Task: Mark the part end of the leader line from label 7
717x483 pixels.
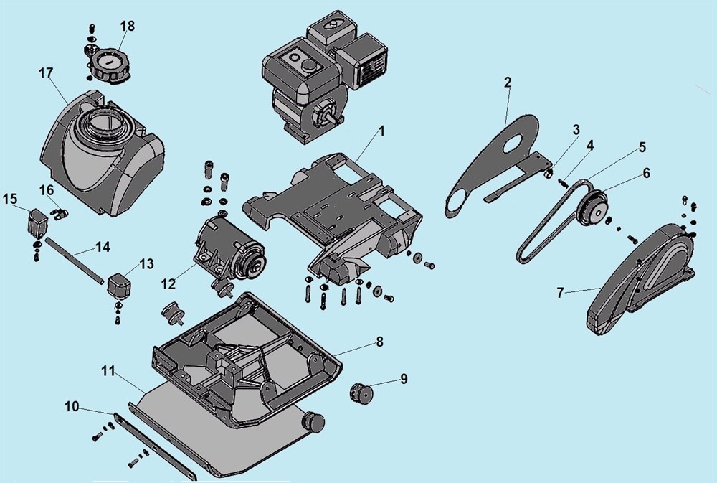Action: pos(600,288)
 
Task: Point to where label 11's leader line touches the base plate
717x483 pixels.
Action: pos(145,392)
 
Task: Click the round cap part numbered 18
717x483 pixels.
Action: pos(110,65)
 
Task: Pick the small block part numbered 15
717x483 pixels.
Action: pos(36,223)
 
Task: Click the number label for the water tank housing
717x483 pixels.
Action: pos(46,73)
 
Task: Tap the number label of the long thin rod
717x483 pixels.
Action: pos(103,247)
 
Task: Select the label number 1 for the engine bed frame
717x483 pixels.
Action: pos(382,131)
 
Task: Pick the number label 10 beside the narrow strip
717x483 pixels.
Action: pos(72,406)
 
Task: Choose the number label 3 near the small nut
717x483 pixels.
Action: pos(576,130)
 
